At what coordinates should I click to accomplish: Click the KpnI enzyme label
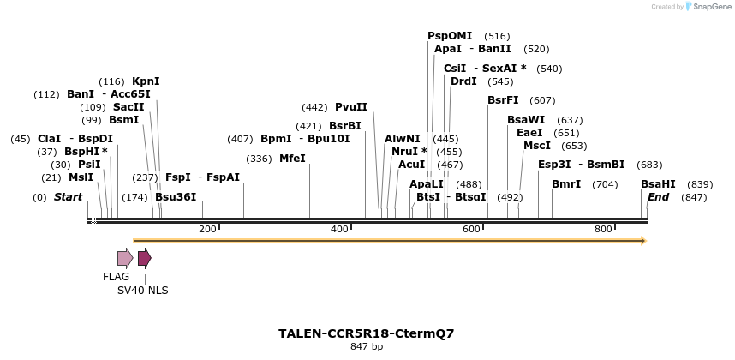pyautogui.click(x=146, y=81)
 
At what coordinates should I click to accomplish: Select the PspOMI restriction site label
pyautogui.click(x=450, y=36)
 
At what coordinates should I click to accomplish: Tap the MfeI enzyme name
pyautogui.click(x=292, y=159)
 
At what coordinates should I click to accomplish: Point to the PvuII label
pyautogui.click(x=351, y=107)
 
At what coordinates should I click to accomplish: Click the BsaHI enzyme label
pyautogui.click(x=658, y=184)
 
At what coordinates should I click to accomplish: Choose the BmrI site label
pyautogui.click(x=566, y=184)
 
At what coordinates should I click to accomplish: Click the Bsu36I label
pyautogui.click(x=176, y=197)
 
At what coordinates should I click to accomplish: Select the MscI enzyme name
pyautogui.click(x=536, y=146)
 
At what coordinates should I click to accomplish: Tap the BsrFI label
pyautogui.click(x=503, y=100)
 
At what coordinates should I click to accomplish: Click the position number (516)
pyautogui.click(x=497, y=36)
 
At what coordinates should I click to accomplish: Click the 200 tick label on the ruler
pyautogui.click(x=207, y=229)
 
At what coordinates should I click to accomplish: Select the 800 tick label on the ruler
pyautogui.click(x=603, y=229)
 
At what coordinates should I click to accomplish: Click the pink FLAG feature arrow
pyautogui.click(x=125, y=258)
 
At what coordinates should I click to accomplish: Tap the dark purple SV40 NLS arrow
pyautogui.click(x=144, y=258)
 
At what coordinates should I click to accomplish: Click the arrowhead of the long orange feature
pyautogui.click(x=642, y=241)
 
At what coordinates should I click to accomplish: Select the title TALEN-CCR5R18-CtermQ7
pyautogui.click(x=366, y=333)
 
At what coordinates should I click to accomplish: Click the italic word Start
pyautogui.click(x=68, y=197)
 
